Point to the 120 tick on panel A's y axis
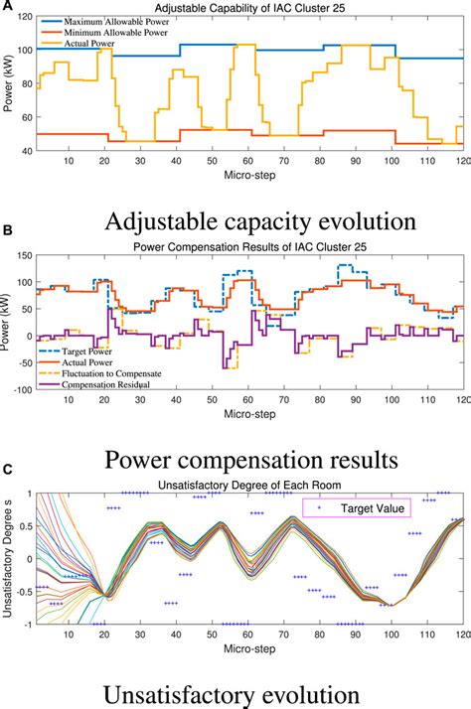tap(25, 16)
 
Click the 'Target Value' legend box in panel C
tap(370, 507)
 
